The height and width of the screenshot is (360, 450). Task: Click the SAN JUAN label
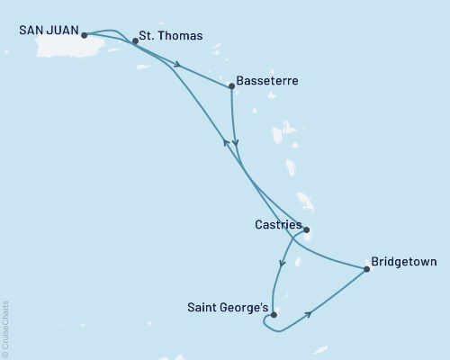coord(48,30)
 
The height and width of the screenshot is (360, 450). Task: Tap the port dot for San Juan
coord(84,36)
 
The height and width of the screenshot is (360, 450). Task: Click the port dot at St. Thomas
coord(135,40)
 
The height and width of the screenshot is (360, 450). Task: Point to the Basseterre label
coord(267,81)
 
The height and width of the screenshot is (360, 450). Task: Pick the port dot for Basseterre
coord(232,86)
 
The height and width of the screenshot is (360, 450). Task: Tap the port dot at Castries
coord(307,229)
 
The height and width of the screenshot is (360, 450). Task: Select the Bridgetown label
coord(405,263)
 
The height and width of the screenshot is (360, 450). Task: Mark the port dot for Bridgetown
coord(367,268)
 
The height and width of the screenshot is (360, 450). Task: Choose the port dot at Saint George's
coord(274,315)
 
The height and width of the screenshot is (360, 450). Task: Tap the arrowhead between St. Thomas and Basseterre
coord(180,65)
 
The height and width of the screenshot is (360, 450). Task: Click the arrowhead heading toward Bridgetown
coord(310,314)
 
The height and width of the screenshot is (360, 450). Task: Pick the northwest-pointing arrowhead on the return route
coord(225,141)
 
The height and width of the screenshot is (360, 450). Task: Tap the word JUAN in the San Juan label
coord(62,30)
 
